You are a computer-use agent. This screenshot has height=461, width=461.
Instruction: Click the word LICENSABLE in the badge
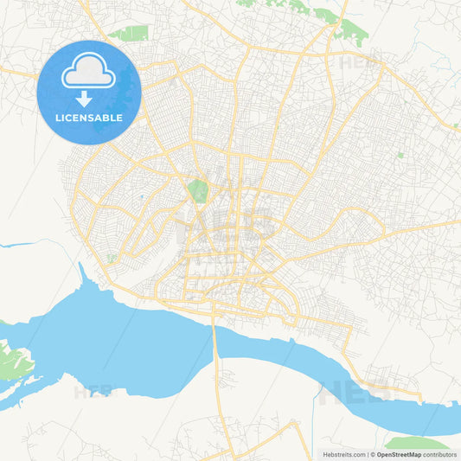pyautogui.click(x=90, y=118)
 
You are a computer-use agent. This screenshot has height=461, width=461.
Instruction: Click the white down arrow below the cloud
pyautogui.click(x=84, y=99)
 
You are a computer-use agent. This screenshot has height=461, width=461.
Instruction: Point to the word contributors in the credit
pyautogui.click(x=440, y=454)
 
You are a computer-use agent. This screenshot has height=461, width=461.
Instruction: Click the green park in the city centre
pyautogui.click(x=199, y=191)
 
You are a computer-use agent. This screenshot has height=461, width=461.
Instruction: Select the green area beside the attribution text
pyautogui.click(x=415, y=443)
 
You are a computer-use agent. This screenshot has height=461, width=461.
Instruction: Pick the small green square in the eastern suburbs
pyautogui.click(x=400, y=154)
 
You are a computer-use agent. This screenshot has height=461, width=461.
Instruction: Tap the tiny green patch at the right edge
pyautogui.click(x=455, y=125)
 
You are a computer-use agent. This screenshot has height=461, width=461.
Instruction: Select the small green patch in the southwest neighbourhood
pyautogui.click(x=112, y=257)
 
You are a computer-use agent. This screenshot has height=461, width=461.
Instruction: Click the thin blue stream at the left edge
pyautogui.click(x=13, y=246)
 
